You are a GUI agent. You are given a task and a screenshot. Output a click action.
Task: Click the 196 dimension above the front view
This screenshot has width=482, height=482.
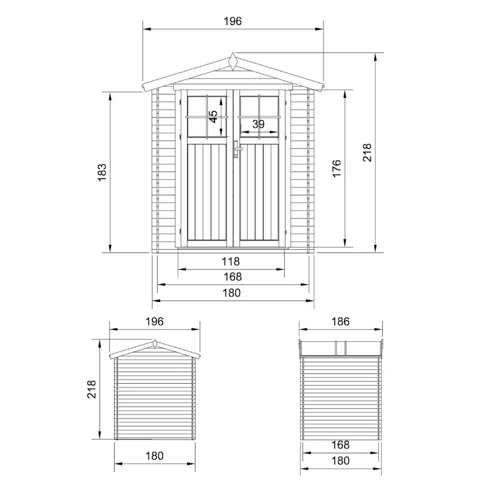click(232, 21)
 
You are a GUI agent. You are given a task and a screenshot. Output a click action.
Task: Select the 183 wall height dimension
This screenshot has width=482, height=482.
click(102, 172)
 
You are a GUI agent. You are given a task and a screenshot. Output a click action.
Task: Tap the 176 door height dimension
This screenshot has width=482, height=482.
click(336, 169)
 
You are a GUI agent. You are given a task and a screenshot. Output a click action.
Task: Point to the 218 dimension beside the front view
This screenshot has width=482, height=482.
click(367, 152)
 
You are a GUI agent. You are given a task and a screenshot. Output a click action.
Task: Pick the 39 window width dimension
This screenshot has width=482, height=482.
click(259, 124)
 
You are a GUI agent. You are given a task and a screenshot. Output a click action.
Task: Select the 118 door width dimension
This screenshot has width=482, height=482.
click(231, 262)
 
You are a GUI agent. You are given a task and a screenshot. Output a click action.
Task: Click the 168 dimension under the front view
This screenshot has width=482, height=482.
click(232, 277)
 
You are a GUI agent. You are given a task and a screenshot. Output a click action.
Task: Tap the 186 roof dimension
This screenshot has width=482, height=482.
click(341, 321)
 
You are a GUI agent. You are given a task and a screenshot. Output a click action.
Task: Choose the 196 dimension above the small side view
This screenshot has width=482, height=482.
click(154, 321)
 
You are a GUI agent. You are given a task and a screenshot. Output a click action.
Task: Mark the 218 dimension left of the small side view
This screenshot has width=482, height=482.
click(92, 389)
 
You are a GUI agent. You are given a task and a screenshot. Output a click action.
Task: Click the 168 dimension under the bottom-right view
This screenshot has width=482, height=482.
click(341, 445)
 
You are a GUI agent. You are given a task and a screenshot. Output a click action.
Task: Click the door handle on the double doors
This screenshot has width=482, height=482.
click(236, 149)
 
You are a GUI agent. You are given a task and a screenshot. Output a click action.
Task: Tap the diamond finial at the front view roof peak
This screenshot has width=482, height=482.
click(233, 61)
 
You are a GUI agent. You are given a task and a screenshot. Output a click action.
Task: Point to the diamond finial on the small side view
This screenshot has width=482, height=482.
click(154, 344)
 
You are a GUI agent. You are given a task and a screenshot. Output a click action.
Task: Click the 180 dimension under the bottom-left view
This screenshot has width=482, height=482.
click(154, 455)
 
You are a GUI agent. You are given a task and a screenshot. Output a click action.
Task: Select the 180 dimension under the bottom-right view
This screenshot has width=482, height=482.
click(341, 460)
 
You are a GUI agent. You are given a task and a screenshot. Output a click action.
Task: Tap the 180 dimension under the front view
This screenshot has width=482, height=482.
click(232, 293)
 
